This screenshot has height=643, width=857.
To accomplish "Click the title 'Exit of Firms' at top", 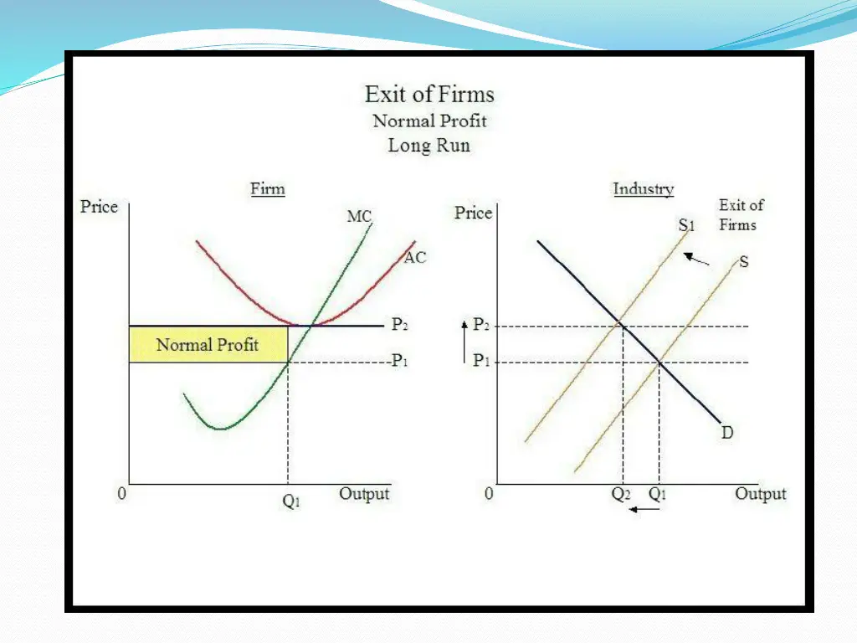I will pyautogui.click(x=429, y=94).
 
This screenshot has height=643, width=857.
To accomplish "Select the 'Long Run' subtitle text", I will pyautogui.click(x=429, y=145).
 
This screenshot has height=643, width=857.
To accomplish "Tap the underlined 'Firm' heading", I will pyautogui.click(x=268, y=188).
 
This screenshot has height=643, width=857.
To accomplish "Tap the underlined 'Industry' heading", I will pyautogui.click(x=643, y=188).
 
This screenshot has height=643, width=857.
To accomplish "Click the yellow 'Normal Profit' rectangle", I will pyautogui.click(x=208, y=344).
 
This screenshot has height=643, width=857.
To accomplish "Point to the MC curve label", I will pyautogui.click(x=359, y=217).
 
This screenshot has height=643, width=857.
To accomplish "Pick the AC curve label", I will pyautogui.click(x=415, y=258).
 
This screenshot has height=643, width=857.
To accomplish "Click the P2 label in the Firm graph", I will pyautogui.click(x=400, y=325).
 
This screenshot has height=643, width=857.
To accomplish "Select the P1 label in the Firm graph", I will pyautogui.click(x=399, y=362).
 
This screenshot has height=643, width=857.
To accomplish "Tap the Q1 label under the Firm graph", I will pyautogui.click(x=290, y=503).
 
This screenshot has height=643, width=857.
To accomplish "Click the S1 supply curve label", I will pyautogui.click(x=687, y=225).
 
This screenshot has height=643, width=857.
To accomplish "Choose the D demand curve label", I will pyautogui.click(x=727, y=433).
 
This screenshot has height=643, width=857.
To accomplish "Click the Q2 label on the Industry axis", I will pyautogui.click(x=621, y=494).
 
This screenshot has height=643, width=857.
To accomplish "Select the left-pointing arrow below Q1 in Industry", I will pyautogui.click(x=644, y=509).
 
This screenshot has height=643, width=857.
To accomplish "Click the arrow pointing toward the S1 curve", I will pyautogui.click(x=696, y=259).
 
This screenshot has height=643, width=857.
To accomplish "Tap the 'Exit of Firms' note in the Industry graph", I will pyautogui.click(x=742, y=214).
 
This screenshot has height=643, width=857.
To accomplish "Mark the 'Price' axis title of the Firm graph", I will pyautogui.click(x=99, y=207).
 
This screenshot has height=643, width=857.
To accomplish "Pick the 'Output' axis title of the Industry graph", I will pyautogui.click(x=760, y=494).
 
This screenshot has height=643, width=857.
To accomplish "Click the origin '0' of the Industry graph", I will pyautogui.click(x=490, y=494).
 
